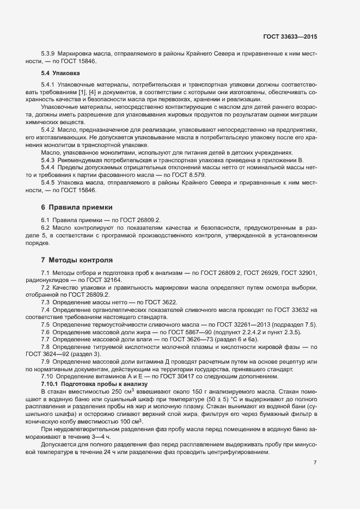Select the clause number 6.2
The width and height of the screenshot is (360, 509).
(46, 227)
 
